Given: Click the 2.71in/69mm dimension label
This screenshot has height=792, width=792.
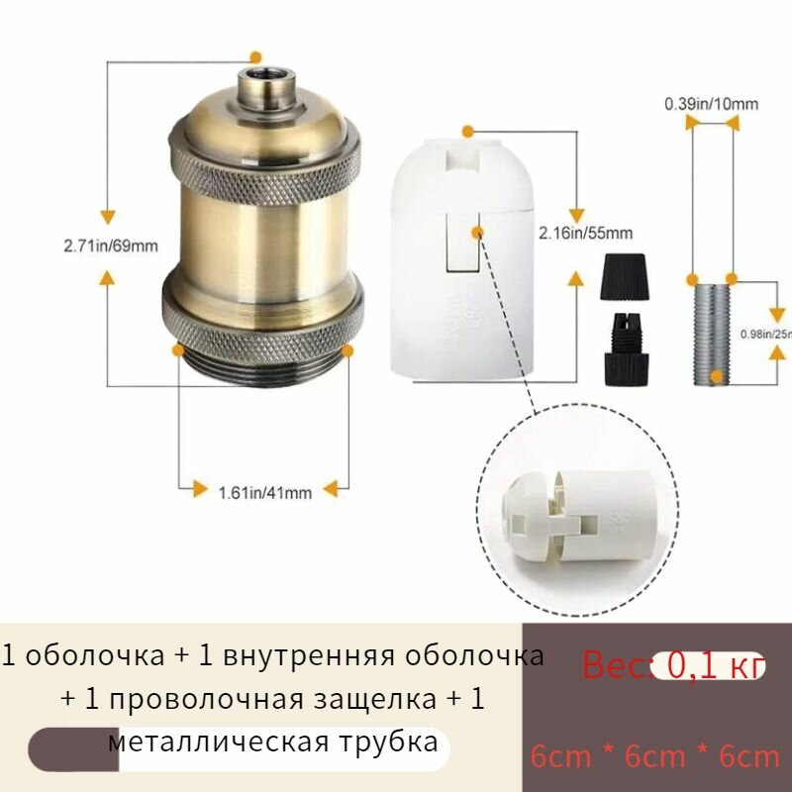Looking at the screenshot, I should coord(112,246).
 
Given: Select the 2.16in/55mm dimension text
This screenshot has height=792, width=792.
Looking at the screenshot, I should coord(585,234).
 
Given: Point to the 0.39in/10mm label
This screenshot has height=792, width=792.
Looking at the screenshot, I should coord(711,103).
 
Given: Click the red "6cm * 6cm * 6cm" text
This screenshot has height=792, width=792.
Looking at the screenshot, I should coord(655,756).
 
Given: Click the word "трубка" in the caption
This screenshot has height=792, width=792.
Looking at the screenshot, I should coord(390,742).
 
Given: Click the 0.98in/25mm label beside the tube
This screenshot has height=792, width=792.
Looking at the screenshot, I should coord(766,334).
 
